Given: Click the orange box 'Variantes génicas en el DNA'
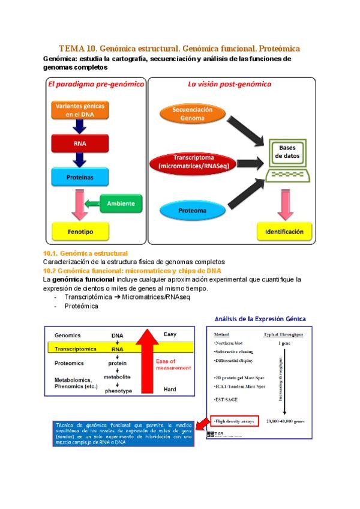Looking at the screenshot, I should point(80,110).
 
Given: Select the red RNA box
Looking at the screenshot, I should point(80,144).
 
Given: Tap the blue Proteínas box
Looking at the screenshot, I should point(80,178).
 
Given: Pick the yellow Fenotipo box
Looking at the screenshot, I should point(80,230).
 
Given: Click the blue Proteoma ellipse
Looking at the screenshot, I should point(192,211).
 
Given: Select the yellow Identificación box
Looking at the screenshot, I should point(284,231).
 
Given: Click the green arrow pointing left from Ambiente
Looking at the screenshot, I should point(92,204).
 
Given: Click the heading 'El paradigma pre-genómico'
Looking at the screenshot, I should point(95,85).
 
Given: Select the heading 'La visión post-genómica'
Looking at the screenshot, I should point(229,85).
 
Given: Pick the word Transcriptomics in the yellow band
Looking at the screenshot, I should point(76,348).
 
